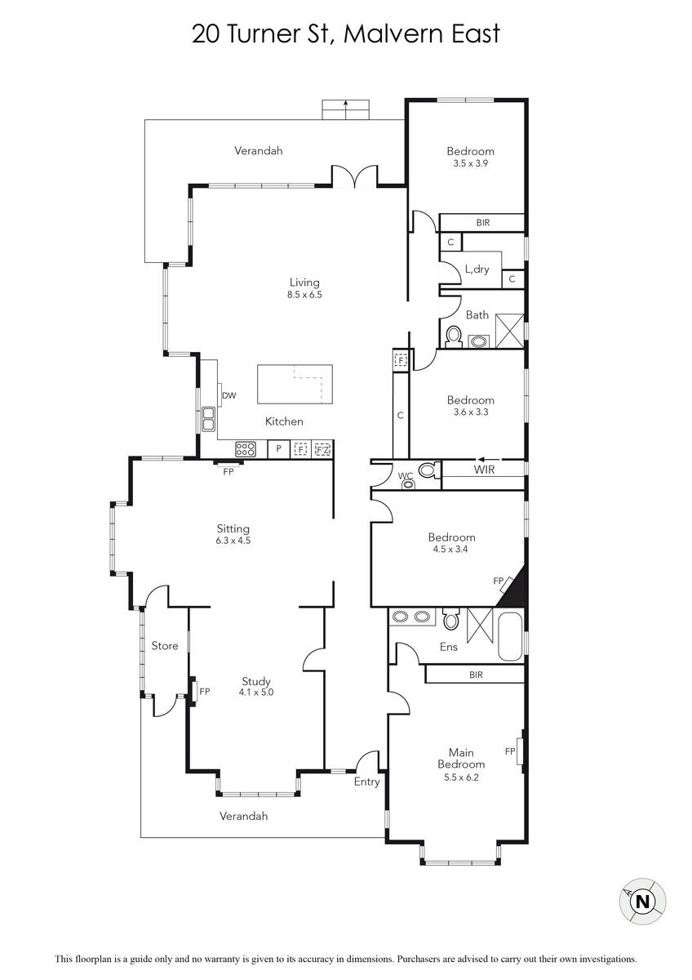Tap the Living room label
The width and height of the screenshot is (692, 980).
click(x=304, y=283)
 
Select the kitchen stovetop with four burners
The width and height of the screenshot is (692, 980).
click(x=246, y=448)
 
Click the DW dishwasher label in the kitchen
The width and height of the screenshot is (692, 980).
click(x=228, y=395)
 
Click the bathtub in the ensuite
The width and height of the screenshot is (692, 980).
click(x=511, y=637)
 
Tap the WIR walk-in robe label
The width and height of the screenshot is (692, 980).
click(x=484, y=470)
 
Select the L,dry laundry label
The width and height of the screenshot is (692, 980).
click(x=477, y=269)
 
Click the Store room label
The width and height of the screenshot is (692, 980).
click(x=165, y=646)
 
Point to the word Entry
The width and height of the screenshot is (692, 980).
click(x=366, y=782)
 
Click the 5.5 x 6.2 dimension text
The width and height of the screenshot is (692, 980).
click(x=461, y=777)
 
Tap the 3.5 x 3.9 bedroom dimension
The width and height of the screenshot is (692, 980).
click(x=470, y=163)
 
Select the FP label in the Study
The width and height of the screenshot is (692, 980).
click(x=205, y=692)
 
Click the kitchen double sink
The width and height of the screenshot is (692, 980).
click(x=208, y=419)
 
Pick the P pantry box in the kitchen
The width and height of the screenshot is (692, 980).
click(x=278, y=449)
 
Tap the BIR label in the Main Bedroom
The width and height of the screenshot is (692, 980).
click(x=476, y=675)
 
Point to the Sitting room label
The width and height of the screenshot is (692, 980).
click(x=233, y=528)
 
